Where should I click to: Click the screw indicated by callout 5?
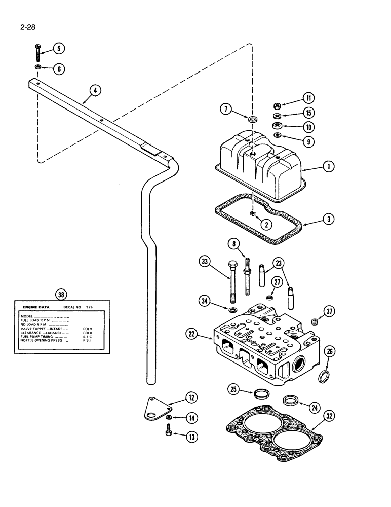click(38, 51)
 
